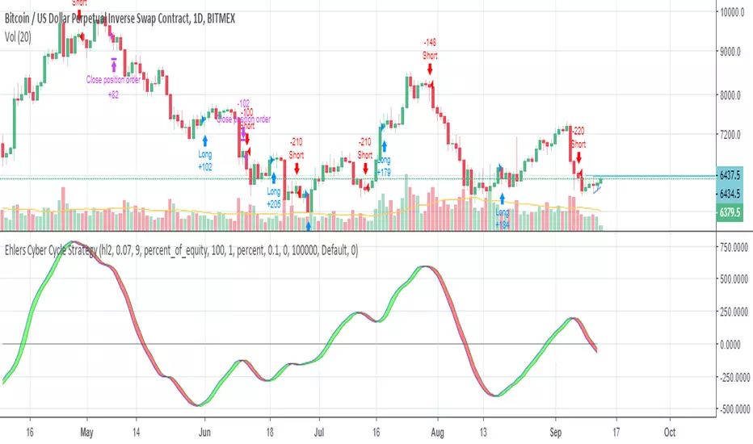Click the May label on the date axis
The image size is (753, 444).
tap(88, 431)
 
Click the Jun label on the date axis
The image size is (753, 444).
tap(204, 431)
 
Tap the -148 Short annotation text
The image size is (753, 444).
tap(429, 48)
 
